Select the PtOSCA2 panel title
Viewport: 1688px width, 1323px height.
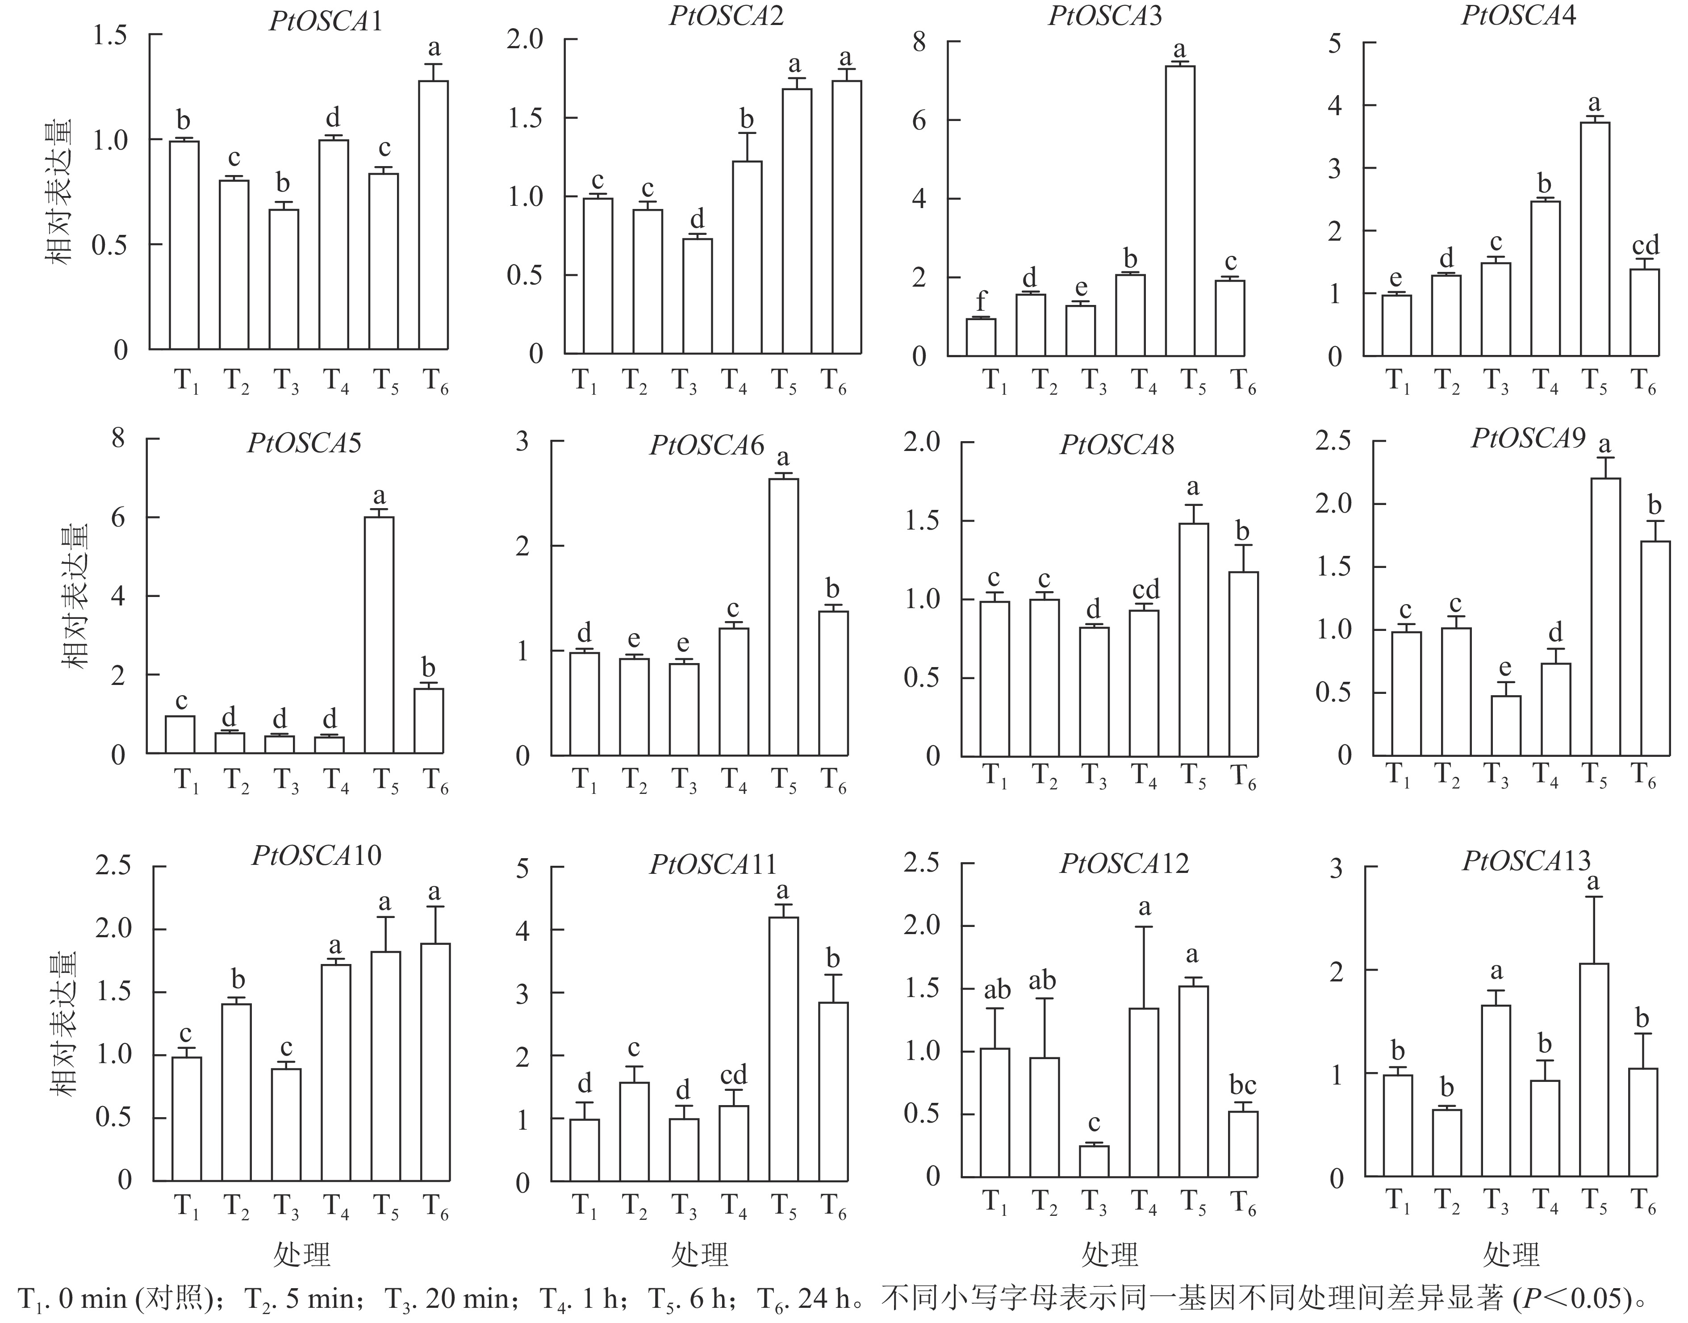pyautogui.click(x=727, y=16)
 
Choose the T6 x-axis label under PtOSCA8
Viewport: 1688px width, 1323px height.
pyautogui.click(x=1243, y=777)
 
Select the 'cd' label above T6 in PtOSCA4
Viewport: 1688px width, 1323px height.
pyautogui.click(x=1646, y=246)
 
